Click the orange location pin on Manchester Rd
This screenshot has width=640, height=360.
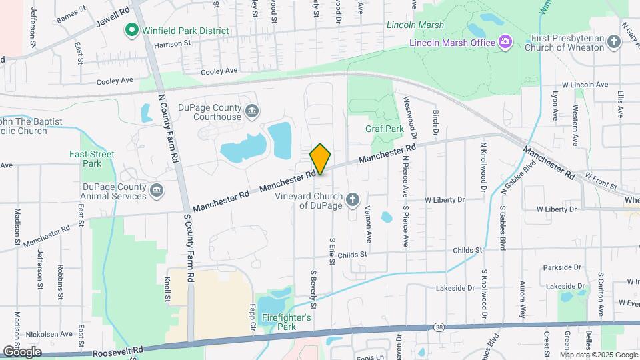coord(321,159)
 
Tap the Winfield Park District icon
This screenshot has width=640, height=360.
coord(132,31)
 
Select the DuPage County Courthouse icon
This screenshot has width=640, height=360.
coord(252,110)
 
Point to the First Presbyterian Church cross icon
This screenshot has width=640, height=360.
coord(614,43)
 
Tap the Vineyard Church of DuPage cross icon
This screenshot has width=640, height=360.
coord(353,199)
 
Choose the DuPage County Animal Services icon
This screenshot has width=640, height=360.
coord(156,191)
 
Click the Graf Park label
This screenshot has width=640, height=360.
coord(385,128)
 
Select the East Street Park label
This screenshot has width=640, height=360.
coord(92,159)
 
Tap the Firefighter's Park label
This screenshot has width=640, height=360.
coord(287,322)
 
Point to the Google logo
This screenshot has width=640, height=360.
coord(21,351)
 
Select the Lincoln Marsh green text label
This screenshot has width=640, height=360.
coord(415,25)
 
